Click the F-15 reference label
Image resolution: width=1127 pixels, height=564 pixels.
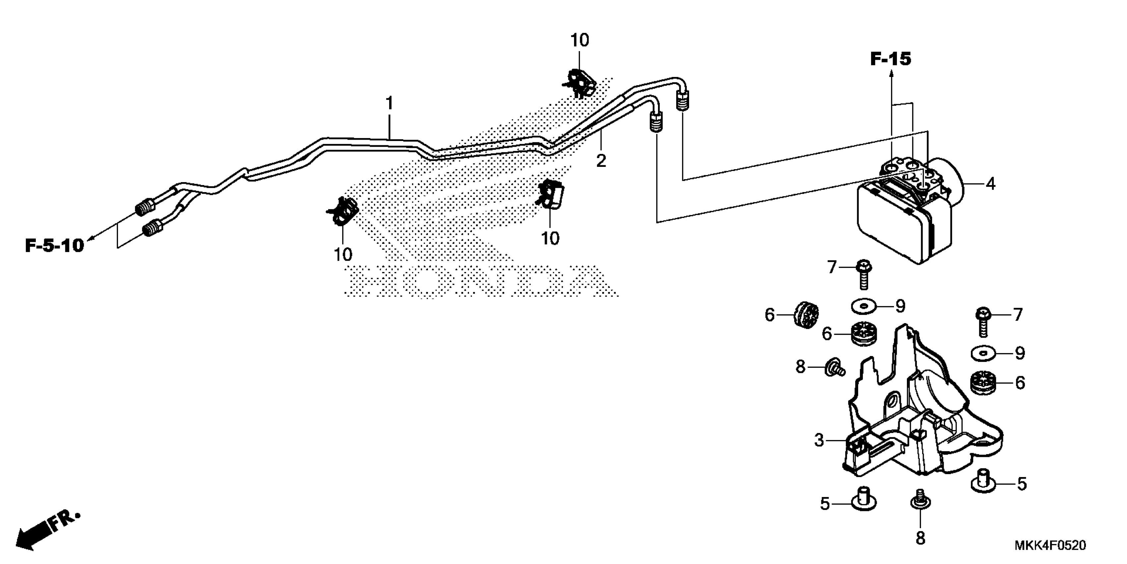click(890, 59)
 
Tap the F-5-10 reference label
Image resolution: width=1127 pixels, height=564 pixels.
click(54, 246)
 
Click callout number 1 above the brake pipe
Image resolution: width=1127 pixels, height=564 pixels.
click(389, 104)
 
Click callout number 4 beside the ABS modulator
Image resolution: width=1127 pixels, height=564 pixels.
click(990, 184)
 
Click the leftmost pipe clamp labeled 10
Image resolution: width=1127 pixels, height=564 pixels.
click(344, 212)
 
